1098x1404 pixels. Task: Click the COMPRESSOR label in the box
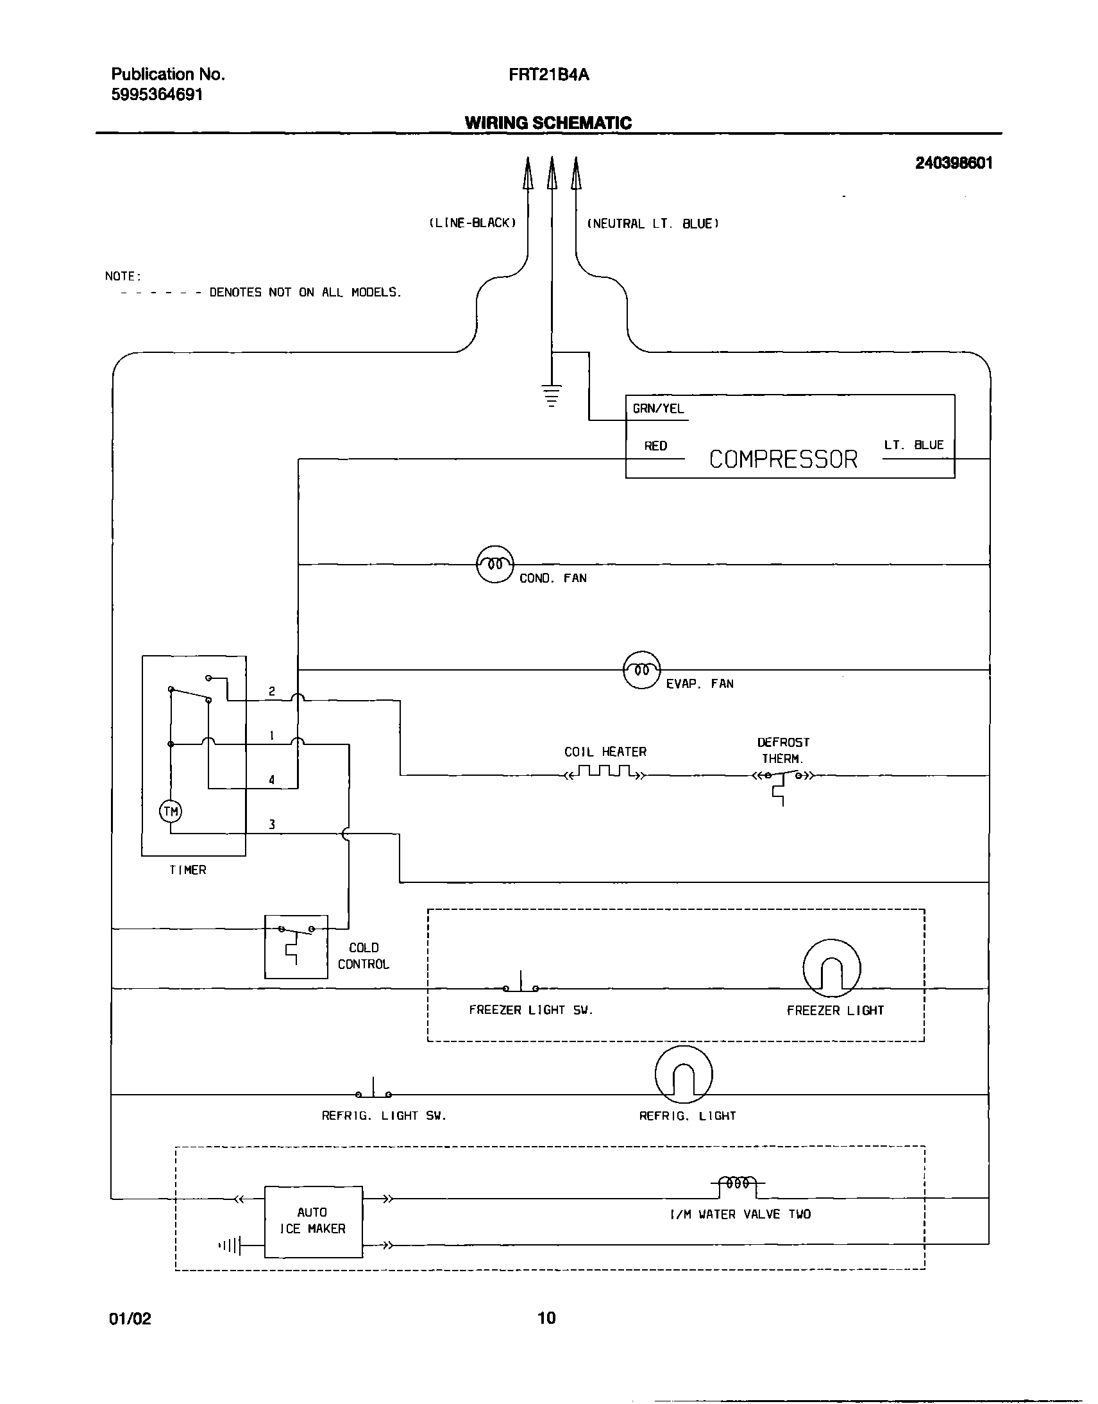coord(783,459)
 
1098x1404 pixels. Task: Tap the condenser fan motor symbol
coord(494,564)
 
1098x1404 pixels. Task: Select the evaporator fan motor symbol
coord(641,670)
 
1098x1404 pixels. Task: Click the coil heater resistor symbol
coord(605,772)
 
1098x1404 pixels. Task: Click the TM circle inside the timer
coord(171,812)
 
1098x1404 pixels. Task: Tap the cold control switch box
coord(296,946)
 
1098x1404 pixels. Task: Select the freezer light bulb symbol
coord(831,968)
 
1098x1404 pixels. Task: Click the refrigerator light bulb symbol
coord(683,1074)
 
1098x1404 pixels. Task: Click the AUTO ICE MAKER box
coord(313,1221)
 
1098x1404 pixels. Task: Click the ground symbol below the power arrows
coord(551,395)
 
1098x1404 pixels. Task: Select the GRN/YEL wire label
coord(658,408)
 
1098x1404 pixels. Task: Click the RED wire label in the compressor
coord(655,446)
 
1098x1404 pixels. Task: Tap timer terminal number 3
coord(272,825)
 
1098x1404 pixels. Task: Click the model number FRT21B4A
coord(548,75)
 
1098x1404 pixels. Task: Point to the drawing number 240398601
coord(953,164)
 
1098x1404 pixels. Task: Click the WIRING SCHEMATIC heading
coord(548,123)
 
